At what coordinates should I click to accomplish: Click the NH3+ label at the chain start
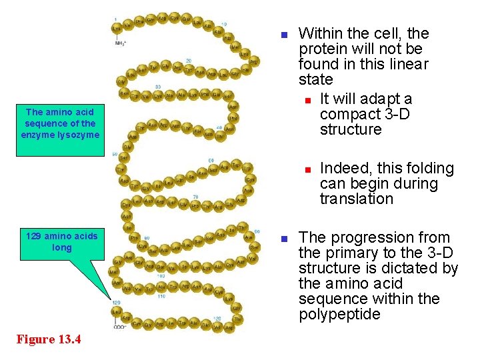pos(120,43)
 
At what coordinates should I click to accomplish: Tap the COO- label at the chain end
pos(120,327)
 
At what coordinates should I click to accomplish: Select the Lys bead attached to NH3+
pos(117,28)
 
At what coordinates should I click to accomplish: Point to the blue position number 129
pos(116,303)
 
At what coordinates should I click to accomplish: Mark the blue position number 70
pos(195,196)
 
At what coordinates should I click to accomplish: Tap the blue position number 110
pos(161,295)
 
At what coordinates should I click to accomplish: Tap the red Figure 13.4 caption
pos(49,340)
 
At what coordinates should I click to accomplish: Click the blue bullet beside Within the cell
pos(283,34)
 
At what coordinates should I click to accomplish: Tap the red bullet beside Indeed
pos(307,169)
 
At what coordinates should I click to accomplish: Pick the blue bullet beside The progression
pos(283,239)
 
